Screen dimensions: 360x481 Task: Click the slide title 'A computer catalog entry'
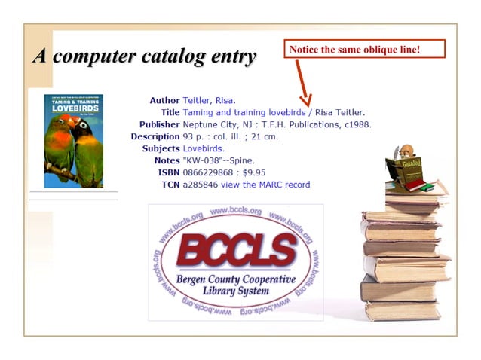pos(144,56)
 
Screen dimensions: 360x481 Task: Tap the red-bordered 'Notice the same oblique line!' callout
pos(364,50)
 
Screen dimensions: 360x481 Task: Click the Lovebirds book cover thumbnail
pos(73,141)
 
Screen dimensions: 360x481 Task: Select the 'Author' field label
pos(164,100)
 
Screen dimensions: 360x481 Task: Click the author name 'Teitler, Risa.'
pos(209,100)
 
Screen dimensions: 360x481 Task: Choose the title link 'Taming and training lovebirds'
pos(244,112)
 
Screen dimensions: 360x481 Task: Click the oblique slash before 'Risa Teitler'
pos(311,112)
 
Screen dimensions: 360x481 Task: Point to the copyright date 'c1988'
pos(357,124)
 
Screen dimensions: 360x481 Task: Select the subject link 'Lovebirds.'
pos(204,148)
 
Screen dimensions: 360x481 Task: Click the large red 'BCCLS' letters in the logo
pos(236,250)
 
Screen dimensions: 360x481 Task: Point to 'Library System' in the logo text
pos(237,291)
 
